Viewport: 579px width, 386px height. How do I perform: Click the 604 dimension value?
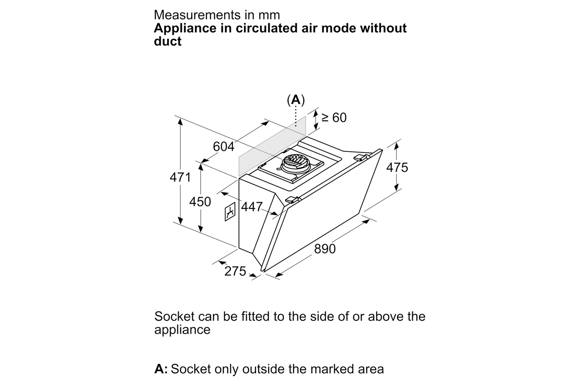point(224,147)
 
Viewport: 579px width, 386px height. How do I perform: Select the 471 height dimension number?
point(180,177)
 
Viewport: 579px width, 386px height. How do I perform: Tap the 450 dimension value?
point(200,201)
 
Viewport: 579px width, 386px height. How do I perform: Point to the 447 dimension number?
point(252,207)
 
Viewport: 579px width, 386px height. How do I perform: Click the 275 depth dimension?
point(235,271)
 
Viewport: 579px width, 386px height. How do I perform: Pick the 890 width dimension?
point(325,249)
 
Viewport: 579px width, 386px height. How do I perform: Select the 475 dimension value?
point(397,167)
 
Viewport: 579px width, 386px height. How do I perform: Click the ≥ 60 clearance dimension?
point(334,117)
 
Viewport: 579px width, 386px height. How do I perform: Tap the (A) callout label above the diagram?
point(296,100)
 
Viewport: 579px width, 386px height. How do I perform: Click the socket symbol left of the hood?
point(230,212)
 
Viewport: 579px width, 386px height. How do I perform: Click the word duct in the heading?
point(168,41)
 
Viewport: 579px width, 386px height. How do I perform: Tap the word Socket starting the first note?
point(174,317)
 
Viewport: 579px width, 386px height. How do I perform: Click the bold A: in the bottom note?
point(161,369)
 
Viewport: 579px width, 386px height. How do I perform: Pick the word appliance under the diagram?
point(182,330)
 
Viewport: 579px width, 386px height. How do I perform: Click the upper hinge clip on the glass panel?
point(361,157)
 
